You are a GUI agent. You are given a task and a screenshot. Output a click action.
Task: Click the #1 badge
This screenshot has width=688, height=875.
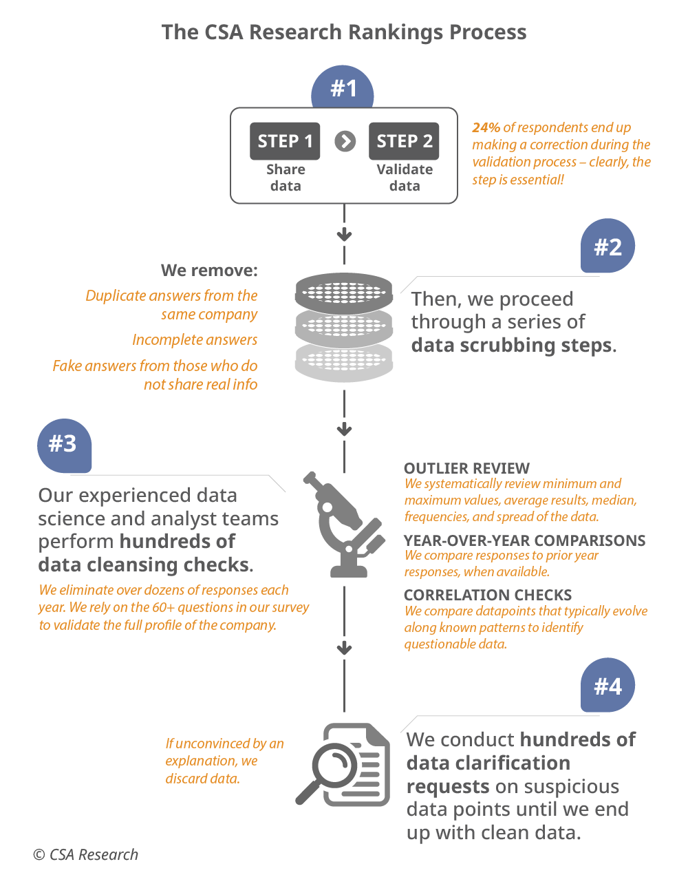click(x=343, y=89)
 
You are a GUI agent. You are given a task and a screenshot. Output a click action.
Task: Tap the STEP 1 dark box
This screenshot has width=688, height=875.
click(x=285, y=141)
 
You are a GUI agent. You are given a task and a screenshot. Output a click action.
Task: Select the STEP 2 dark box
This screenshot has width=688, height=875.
click(x=404, y=141)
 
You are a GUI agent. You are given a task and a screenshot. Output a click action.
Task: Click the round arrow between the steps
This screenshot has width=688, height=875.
click(x=345, y=141)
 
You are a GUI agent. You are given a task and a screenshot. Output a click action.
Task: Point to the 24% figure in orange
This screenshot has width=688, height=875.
click(x=486, y=127)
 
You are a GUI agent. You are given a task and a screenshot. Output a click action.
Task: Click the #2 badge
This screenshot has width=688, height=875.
click(x=608, y=246)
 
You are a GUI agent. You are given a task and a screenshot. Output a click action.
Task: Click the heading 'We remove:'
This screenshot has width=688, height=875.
click(x=209, y=270)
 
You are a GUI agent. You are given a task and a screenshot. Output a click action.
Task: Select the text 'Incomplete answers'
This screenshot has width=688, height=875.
click(x=195, y=339)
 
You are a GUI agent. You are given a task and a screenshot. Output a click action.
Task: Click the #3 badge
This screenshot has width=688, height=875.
click(x=63, y=444)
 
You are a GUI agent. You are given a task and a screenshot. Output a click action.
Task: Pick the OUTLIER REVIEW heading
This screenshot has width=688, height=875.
click(x=466, y=468)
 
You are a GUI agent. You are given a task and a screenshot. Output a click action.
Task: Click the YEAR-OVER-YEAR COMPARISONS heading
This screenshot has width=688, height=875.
click(x=524, y=540)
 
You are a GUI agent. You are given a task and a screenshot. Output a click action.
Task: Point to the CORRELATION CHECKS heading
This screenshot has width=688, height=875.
click(x=488, y=595)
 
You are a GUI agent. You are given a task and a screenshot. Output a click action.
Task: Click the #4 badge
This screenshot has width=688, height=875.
click(x=608, y=686)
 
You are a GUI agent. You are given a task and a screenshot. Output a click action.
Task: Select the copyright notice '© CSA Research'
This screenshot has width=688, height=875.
click(x=86, y=854)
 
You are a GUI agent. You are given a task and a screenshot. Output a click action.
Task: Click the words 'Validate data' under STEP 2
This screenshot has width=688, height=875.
click(x=405, y=178)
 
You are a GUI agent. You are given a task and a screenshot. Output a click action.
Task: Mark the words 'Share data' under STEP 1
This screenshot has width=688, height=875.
click(x=286, y=178)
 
